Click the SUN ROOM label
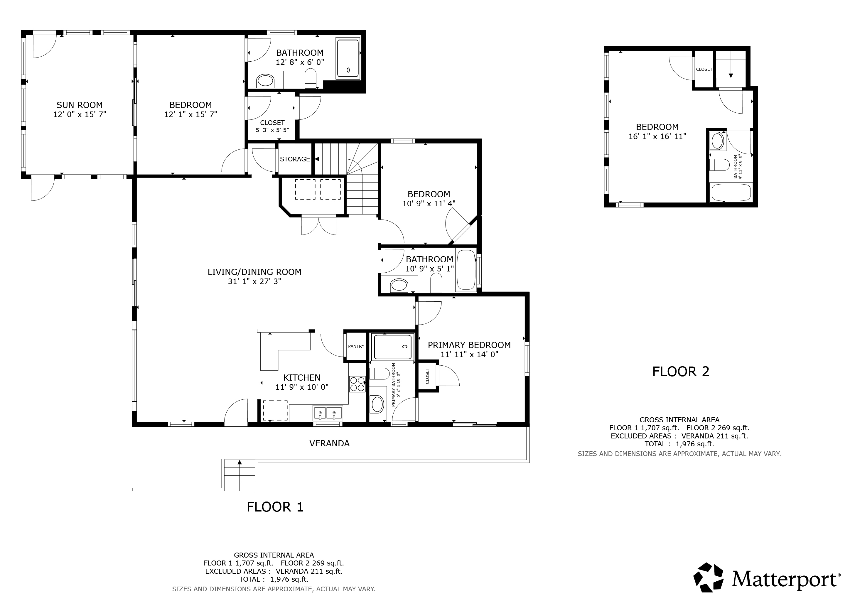tap(80, 105)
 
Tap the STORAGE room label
tap(295, 159)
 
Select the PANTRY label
tap(356, 346)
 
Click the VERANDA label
tap(330, 443)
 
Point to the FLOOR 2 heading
tap(681, 372)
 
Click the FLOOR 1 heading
tap(275, 507)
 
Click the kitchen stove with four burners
tap(357, 384)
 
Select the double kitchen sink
tap(328, 413)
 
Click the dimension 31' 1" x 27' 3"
tap(254, 281)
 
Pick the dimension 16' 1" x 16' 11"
tap(657, 136)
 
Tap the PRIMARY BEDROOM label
tap(469, 345)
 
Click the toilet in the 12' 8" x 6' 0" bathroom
tap(311, 78)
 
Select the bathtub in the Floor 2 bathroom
tap(731, 193)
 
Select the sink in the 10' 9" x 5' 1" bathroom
tap(399, 285)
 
